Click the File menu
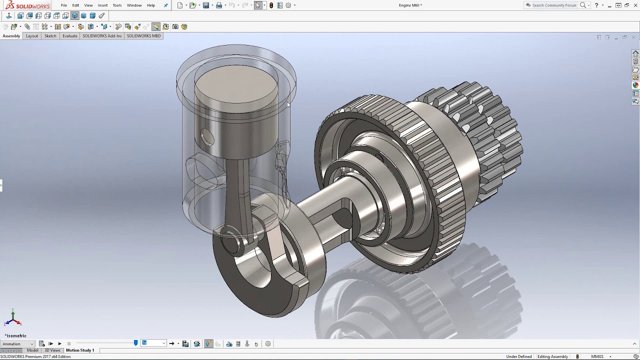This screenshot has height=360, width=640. pos(64,5)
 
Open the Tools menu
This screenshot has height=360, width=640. pos(117,5)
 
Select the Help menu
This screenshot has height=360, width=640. pos(150,5)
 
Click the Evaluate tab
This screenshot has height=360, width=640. pos(70,36)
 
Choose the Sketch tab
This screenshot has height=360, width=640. pos(50,36)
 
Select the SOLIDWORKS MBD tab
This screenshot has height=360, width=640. pos(143,36)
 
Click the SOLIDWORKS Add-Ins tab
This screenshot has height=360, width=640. pos(102,36)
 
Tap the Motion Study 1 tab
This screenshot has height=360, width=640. pos(80,350)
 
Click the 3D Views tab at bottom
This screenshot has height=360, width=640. pos(52,350)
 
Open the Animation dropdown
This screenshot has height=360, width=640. pos(18,344)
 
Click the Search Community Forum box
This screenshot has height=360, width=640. pos(554,5)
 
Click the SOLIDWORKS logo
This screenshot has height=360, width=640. pos(27,5)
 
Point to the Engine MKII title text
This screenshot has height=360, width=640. pos(410,5)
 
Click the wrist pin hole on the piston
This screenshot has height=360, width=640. pos(207,137)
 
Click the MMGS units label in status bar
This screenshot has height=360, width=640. pos(597,357)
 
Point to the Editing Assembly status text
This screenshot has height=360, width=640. pos(552,357)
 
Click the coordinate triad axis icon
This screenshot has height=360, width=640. pos(13,318)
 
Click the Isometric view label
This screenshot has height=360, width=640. pos(16,336)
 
